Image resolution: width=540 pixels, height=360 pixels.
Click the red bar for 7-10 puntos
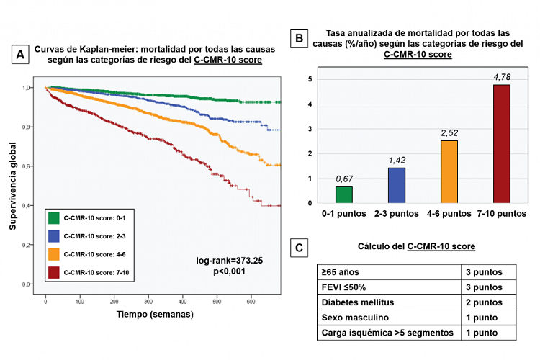[x=501, y=144]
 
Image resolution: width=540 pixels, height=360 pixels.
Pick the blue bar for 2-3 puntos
[x=397, y=185]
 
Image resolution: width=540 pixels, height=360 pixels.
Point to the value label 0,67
[x=345, y=179]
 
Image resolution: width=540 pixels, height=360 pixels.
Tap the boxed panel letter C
[x=297, y=248]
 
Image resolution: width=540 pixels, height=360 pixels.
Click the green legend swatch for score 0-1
[x=53, y=217]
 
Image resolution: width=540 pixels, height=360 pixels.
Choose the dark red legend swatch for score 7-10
[x=53, y=271]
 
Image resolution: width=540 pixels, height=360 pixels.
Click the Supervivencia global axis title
[x=13, y=186]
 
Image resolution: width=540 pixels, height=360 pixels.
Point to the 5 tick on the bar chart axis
[x=310, y=79]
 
